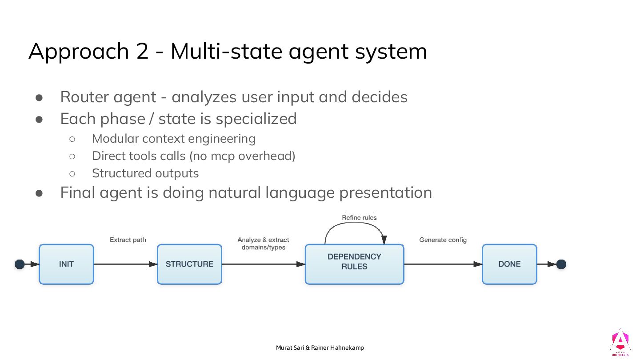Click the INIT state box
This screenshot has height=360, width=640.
(x=66, y=264)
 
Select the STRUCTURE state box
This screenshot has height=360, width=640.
(x=189, y=264)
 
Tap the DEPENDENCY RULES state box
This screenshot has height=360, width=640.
(x=354, y=264)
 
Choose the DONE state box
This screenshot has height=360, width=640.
(x=509, y=264)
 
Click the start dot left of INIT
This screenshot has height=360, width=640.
(x=20, y=264)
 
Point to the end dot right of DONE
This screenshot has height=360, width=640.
(x=561, y=264)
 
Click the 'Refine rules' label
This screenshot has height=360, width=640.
(x=359, y=218)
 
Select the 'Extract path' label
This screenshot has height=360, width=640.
(x=128, y=240)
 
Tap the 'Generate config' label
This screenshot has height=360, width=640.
(x=443, y=240)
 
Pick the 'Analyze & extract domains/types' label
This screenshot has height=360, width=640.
(x=263, y=244)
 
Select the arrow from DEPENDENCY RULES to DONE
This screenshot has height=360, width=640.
(x=443, y=264)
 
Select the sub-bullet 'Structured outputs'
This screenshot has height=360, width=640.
(x=145, y=173)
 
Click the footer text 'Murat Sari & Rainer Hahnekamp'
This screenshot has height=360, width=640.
(x=320, y=348)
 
